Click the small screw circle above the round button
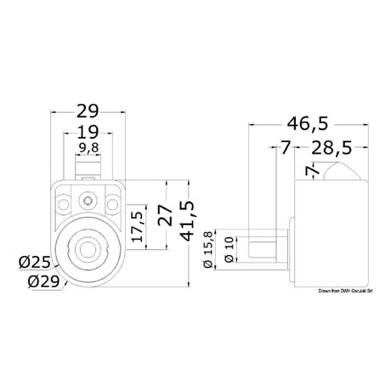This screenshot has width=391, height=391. tap(88, 201)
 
